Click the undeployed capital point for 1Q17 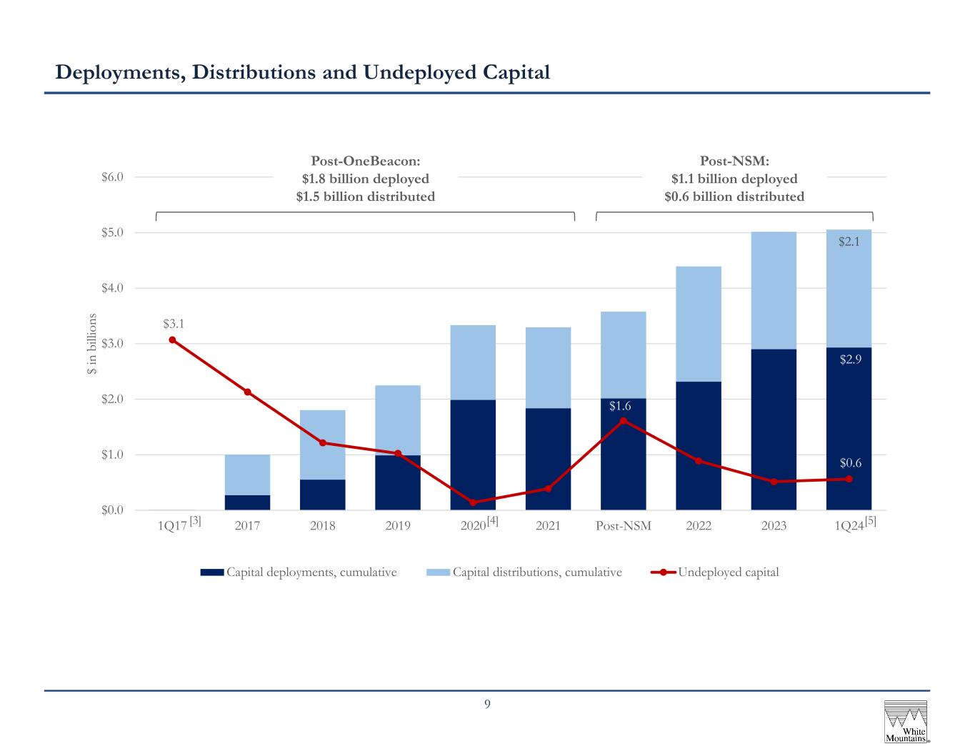point(172,339)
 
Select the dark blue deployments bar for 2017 point(247,502)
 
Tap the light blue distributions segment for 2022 point(699,324)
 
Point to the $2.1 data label point(849,242)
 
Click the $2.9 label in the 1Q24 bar point(850,359)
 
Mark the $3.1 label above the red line point(174,324)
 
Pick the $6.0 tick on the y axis point(112,177)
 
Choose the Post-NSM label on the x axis point(624,525)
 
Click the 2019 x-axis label point(398,525)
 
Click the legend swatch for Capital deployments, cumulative point(211,572)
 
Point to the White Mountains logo point(906,722)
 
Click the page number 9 point(487,704)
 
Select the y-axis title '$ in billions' point(91,344)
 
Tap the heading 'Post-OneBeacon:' point(366,160)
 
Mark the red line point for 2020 point(473,502)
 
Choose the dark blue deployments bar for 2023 point(774,430)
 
